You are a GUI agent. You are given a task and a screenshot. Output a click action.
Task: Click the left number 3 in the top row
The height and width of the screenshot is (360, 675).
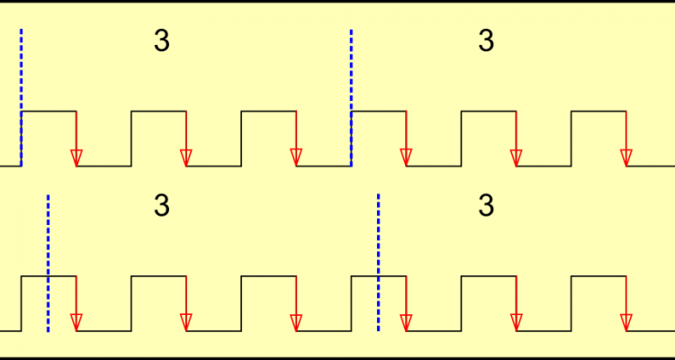(162, 41)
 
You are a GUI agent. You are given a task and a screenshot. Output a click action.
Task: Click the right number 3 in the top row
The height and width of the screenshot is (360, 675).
(486, 41)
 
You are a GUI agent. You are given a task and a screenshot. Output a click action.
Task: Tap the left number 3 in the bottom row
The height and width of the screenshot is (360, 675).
(162, 206)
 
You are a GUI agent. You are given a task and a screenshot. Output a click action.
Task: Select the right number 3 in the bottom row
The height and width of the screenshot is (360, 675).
(486, 206)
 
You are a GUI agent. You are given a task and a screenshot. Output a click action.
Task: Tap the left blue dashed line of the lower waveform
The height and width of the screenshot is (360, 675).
(48, 262)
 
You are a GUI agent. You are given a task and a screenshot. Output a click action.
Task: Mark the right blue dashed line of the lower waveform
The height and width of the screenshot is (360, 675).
(378, 262)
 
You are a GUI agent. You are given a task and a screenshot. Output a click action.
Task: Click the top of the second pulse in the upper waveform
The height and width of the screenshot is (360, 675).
(158, 112)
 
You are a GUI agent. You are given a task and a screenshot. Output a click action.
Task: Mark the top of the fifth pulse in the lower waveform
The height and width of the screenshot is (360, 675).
(488, 276)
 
